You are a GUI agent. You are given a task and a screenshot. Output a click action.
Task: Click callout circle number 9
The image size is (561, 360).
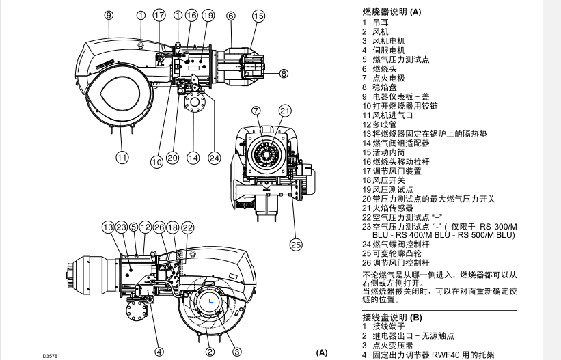(109, 14)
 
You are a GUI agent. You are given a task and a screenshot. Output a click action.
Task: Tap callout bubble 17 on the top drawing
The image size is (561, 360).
(159, 14)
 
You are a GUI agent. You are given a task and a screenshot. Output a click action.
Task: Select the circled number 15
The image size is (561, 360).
(258, 15)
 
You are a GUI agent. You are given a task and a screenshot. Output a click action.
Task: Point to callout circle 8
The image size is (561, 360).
(284, 73)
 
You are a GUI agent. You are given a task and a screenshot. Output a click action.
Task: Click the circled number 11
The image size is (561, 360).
(122, 158)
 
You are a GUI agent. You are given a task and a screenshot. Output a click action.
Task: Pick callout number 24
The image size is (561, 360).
(215, 158)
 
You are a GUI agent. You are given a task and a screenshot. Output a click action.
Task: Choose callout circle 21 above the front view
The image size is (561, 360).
(285, 111)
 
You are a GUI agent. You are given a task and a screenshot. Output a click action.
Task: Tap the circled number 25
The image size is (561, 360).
(295, 243)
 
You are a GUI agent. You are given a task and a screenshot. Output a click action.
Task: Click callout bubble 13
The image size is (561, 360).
(107, 227)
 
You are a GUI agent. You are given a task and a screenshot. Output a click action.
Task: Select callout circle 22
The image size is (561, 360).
(187, 227)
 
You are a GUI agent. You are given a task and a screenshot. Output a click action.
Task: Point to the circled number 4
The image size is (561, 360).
(159, 352)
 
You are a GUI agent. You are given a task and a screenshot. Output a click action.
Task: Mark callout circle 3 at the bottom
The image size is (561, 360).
(237, 352)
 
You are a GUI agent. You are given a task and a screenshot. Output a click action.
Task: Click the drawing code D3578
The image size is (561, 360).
(49, 355)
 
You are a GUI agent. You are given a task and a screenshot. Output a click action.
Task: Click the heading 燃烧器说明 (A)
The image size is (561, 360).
(392, 12)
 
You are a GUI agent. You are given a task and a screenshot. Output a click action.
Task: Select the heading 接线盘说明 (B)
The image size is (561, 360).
(392, 318)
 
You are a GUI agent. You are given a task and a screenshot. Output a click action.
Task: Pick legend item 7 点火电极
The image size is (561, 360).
(387, 79)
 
